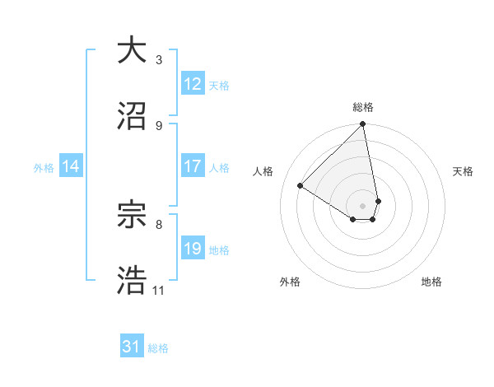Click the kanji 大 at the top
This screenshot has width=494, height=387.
coord(132,51)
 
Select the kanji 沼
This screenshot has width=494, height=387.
coord(132,116)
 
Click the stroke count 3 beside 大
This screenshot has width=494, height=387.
coord(158,60)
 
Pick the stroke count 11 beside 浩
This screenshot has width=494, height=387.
coord(158,291)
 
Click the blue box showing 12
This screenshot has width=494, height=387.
coord(193,84)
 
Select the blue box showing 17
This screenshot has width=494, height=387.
coord(193,166)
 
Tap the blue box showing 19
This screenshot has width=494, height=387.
coord(193,249)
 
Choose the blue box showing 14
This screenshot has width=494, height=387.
coord(71,166)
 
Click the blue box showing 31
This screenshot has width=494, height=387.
coord(132,347)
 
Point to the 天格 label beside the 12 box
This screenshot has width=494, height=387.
coord(219,85)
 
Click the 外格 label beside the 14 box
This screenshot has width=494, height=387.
coord(44,167)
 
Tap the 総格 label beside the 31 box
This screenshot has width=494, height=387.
coord(158,348)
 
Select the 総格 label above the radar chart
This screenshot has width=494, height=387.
coord(363,107)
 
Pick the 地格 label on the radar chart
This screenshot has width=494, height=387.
coord(431,282)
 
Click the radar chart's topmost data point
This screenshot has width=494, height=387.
coord(363,125)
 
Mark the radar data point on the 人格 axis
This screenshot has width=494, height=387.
coord(301,186)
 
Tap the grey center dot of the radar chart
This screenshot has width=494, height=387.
coord(363,205)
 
